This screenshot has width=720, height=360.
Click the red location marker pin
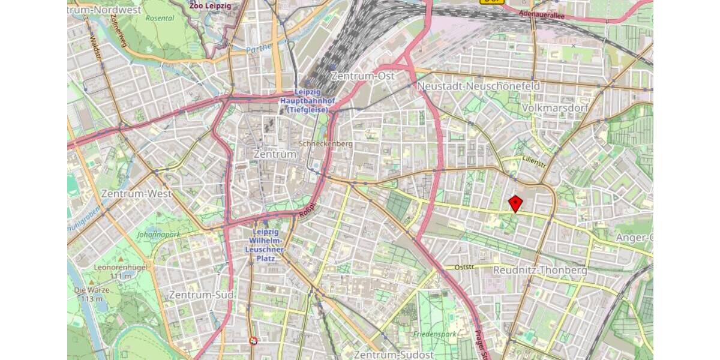515,203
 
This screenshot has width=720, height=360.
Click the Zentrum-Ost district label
362,76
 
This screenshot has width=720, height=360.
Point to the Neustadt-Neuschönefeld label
478,86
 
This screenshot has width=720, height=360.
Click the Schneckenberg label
326,145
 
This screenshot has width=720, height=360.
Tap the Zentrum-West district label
136,194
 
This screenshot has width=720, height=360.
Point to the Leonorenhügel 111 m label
112,272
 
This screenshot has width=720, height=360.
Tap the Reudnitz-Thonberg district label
539,271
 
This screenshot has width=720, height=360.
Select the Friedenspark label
435,334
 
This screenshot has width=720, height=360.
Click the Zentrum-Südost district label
394,355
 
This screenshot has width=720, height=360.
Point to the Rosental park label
161,17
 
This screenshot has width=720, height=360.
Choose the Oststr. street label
464,267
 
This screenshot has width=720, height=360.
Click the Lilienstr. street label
534,162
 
